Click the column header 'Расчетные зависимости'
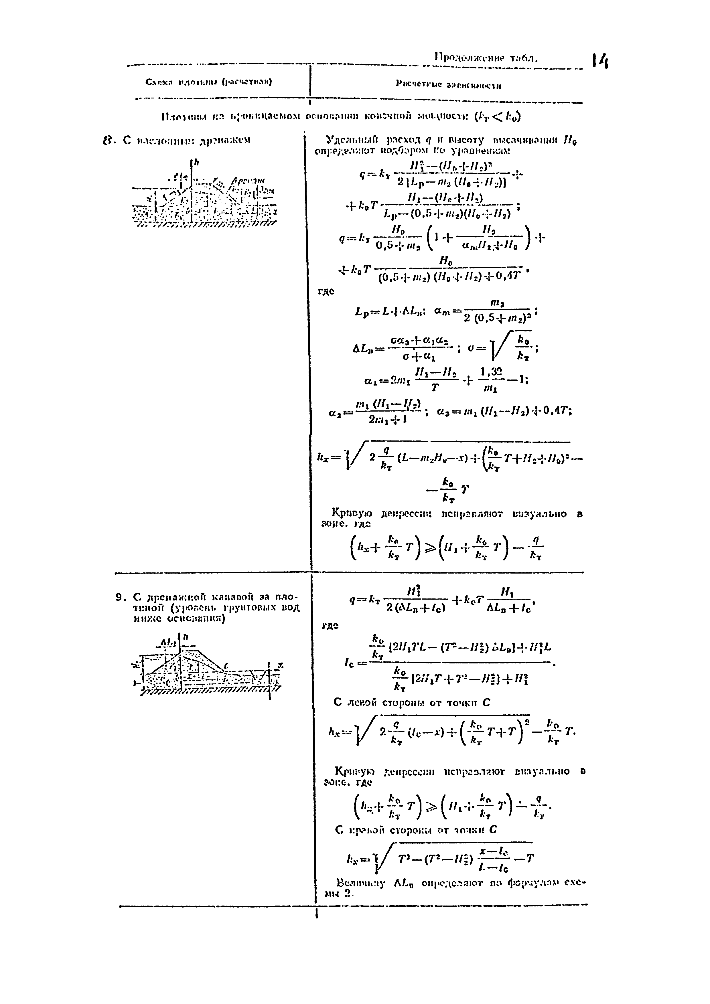(448, 85)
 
